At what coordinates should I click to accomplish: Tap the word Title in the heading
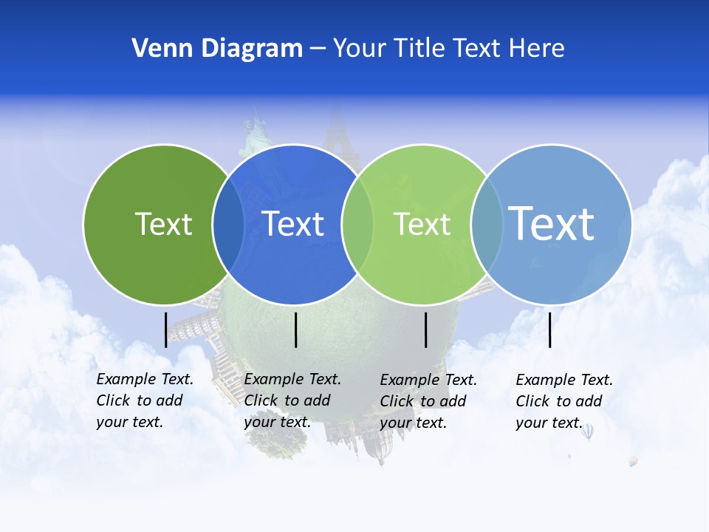[418, 49]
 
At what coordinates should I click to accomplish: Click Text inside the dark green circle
[163, 224]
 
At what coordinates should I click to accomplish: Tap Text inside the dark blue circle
[292, 224]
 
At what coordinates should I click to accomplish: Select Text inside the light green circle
[422, 224]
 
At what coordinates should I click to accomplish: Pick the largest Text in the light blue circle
[551, 223]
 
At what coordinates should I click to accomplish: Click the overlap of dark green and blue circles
[228, 224]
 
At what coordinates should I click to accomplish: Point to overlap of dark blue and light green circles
[357, 224]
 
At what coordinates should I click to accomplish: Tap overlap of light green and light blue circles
[487, 224]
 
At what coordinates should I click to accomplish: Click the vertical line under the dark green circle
[165, 330]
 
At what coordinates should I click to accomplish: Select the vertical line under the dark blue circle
[295, 330]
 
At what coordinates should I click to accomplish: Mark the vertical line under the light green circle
[425, 330]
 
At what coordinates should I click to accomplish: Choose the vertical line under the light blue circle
[549, 330]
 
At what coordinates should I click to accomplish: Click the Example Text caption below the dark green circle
[144, 400]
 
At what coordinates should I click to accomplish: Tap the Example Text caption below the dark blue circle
[292, 400]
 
